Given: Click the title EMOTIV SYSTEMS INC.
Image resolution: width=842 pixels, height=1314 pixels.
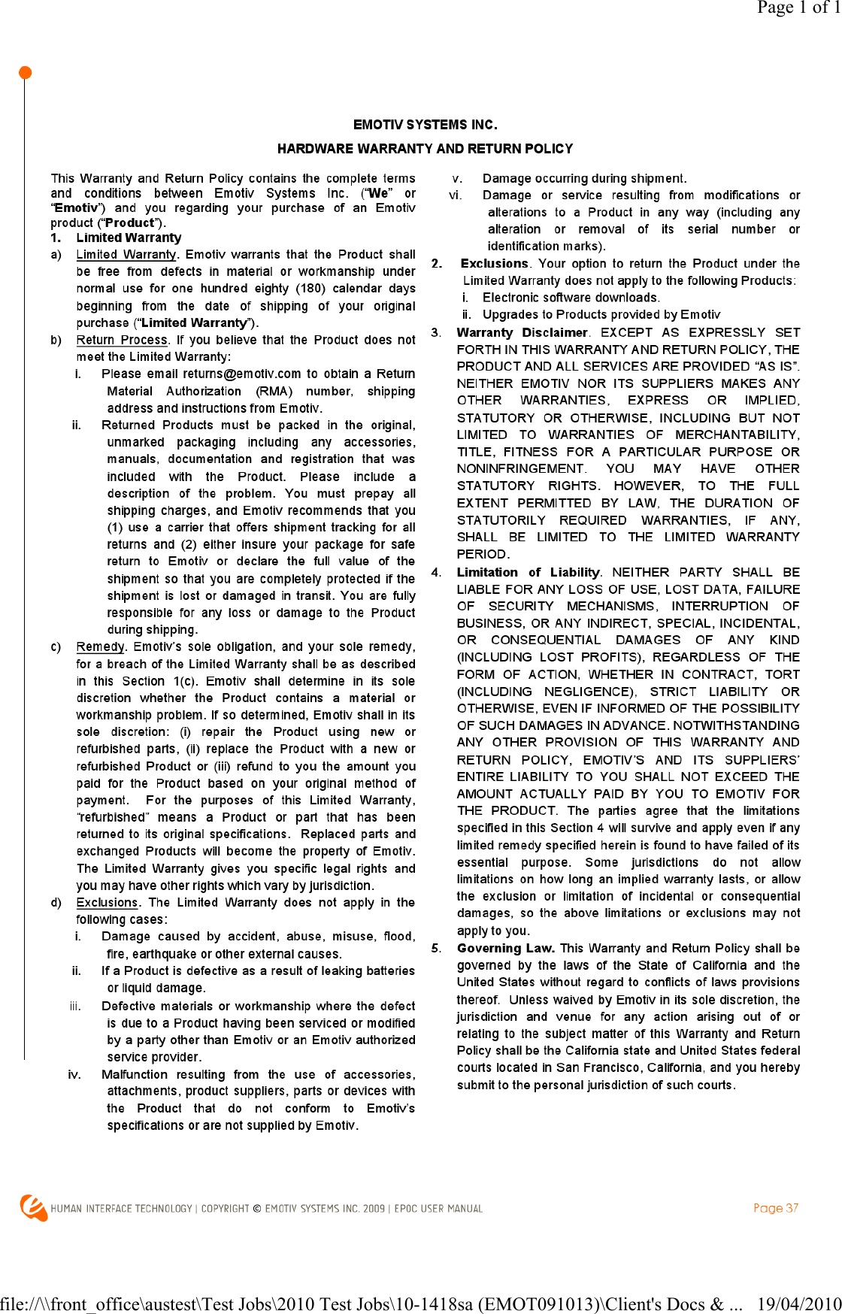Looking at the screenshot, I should point(425,125).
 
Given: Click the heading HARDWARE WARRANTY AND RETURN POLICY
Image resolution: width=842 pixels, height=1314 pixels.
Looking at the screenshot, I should point(425,149).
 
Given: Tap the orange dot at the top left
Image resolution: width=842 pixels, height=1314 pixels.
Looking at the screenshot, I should point(25,73).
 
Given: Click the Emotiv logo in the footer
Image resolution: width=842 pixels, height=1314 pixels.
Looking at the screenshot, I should point(33,1207).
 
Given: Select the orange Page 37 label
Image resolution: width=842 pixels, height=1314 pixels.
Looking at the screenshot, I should point(776,1208).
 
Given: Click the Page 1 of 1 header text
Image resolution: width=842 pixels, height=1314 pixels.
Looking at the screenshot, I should point(798,8).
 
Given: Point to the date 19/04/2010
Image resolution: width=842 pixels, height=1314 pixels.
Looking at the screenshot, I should point(798,1303).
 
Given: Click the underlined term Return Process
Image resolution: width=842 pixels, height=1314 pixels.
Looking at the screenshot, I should point(121,340).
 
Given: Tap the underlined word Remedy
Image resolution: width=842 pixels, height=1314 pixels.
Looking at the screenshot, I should point(100,646).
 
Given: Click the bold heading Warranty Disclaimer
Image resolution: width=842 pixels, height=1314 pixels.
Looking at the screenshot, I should point(522,332).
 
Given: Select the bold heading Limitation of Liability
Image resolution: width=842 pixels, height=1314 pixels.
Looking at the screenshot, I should point(528,572).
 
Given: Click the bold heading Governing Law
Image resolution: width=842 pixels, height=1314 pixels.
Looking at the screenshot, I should point(505,949).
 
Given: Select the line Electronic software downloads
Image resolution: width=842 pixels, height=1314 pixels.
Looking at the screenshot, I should point(571,298).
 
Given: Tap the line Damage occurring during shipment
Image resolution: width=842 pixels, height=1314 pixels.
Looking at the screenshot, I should point(584,178).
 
